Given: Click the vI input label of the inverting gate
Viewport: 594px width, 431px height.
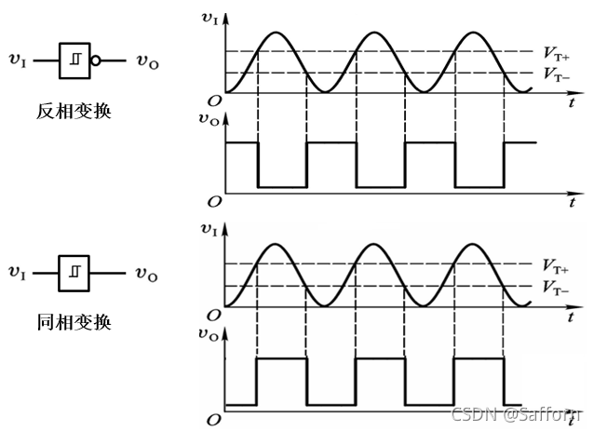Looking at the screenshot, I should [x=18, y=61].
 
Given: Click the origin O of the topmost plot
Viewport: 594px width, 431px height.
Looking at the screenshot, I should [x=214, y=101].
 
